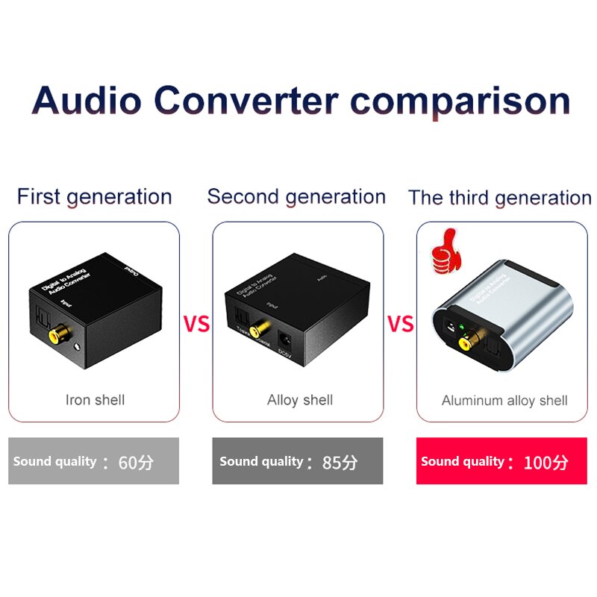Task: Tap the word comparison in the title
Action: pyautogui.click(x=460, y=101)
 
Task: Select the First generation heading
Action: pyautogui.click(x=95, y=197)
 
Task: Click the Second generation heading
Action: pyautogui.click(x=296, y=197)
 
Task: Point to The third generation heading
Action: pyautogui.click(x=499, y=198)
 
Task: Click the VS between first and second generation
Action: pyautogui.click(x=196, y=325)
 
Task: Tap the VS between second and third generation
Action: pyautogui.click(x=400, y=325)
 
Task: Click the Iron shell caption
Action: pyautogui.click(x=95, y=400)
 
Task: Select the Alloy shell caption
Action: pyautogui.click(x=300, y=400)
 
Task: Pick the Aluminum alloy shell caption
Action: pyautogui.click(x=504, y=401)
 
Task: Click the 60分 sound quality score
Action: pyautogui.click(x=136, y=463)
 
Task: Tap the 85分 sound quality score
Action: pyautogui.click(x=340, y=463)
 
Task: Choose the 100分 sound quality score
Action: pyautogui.click(x=546, y=463)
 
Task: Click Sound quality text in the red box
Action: pyautogui.click(x=463, y=462)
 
